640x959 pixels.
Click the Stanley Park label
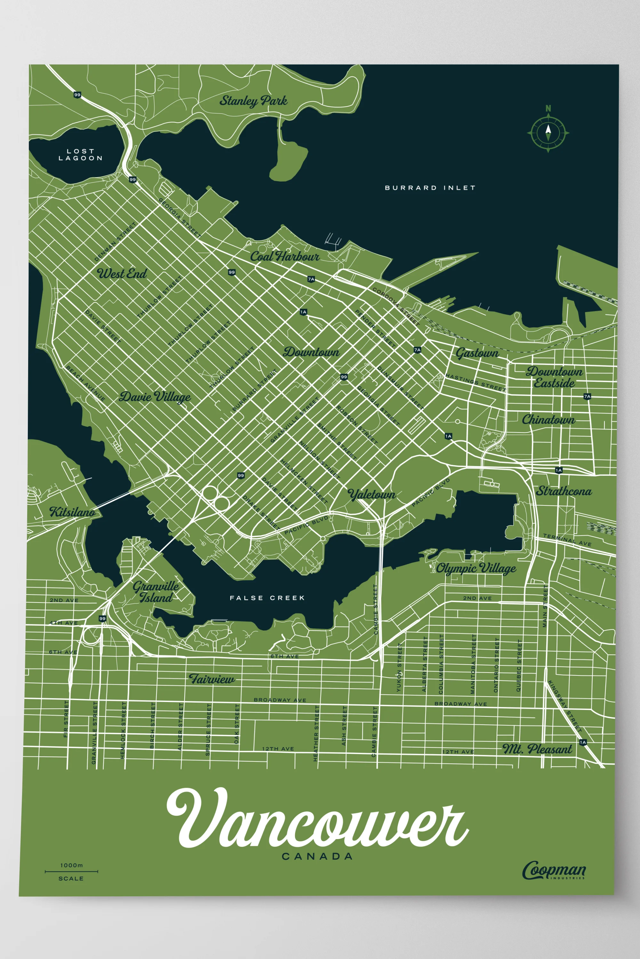(x=253, y=101)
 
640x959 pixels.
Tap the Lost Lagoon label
(x=80, y=154)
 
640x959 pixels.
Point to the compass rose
(x=548, y=132)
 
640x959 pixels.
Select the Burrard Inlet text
(x=430, y=188)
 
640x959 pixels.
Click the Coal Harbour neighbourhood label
(x=284, y=256)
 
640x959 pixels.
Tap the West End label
(x=122, y=273)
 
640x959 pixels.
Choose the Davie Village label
(x=155, y=397)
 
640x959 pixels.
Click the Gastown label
(x=477, y=353)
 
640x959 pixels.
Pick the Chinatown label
(x=548, y=419)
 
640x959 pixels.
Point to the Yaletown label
(x=372, y=495)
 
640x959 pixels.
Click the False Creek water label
(x=267, y=598)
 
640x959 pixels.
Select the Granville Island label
(x=156, y=592)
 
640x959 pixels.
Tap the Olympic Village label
(x=476, y=568)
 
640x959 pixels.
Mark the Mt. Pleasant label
(x=537, y=749)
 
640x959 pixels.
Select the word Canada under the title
(x=317, y=857)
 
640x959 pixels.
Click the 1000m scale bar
(x=71, y=871)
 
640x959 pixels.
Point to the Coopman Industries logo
(x=554, y=870)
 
